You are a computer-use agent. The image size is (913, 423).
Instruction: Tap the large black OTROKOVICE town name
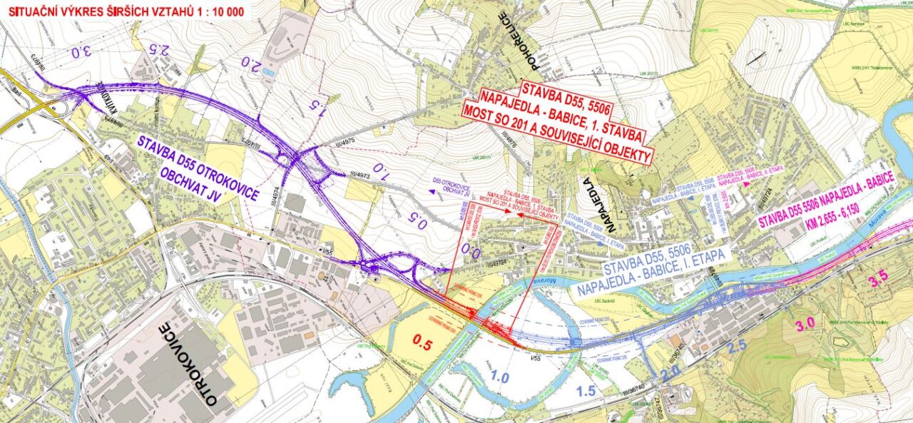pyautogui.click(x=188, y=365)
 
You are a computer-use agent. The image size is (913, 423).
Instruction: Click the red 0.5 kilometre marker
pyautogui.click(x=423, y=343)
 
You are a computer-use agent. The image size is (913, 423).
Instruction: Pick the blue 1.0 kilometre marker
pyautogui.click(x=499, y=377)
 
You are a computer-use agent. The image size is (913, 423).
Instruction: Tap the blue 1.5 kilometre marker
pyautogui.click(x=586, y=391)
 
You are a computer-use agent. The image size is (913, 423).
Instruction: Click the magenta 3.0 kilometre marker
pyautogui.click(x=805, y=325)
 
